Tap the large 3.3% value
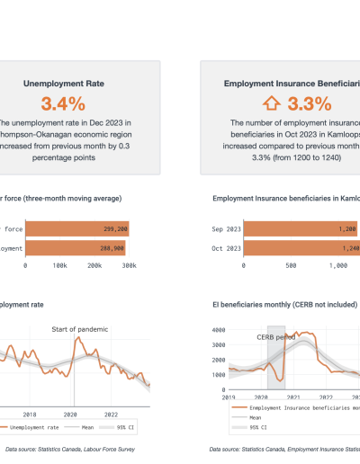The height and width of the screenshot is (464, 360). pos(301,103)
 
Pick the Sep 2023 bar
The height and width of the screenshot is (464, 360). pos(297,229)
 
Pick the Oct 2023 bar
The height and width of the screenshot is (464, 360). pos(297,247)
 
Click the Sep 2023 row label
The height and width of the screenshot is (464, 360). pos(226,229)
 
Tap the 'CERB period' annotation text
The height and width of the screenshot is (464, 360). pos(276,338)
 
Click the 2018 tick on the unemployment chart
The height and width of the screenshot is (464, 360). pos(30,415)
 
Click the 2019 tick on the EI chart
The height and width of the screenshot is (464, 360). pos(229,397)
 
